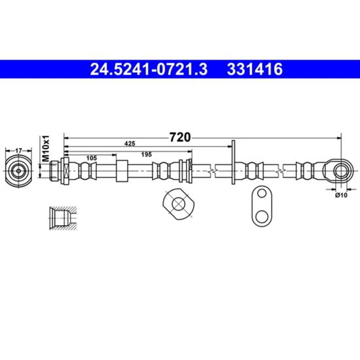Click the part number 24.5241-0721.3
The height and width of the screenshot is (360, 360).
coord(149,69)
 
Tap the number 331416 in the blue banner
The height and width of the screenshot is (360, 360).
coord(255,69)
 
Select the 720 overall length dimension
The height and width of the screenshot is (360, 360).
coord(180,137)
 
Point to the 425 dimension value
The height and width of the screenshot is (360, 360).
coord(130,144)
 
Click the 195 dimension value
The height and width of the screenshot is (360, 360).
coord(146,154)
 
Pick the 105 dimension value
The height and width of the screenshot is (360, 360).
coord(92,158)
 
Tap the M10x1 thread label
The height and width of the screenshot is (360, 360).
coord(46,149)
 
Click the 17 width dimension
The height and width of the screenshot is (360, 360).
coord(18,151)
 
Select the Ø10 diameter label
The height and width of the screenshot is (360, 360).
coord(342,195)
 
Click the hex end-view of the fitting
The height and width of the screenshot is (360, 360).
coord(18,171)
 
